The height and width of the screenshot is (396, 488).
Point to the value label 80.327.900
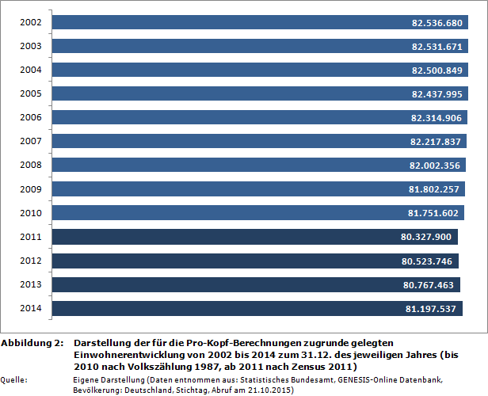[426, 237]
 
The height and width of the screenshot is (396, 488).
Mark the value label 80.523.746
[427, 261]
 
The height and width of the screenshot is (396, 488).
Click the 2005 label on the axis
[31, 93]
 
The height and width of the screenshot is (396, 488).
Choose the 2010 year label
[31, 212]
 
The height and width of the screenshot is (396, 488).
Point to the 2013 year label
[31, 284]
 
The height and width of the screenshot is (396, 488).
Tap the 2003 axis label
[31, 46]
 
